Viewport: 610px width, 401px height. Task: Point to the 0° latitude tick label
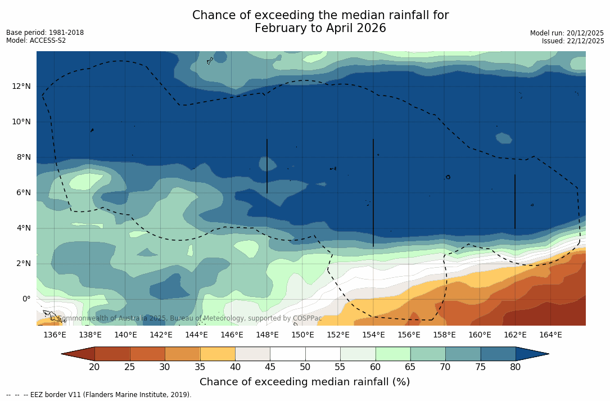(26, 299)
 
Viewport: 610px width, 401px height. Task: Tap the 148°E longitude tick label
(267, 335)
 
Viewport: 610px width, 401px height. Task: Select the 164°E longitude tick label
(550, 335)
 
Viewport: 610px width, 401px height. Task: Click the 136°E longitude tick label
(55, 335)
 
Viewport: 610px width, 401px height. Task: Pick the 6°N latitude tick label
(22, 192)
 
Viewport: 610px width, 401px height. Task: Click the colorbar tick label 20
(94, 367)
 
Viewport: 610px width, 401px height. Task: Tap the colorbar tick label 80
(516, 367)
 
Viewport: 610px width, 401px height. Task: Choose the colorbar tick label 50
(305, 367)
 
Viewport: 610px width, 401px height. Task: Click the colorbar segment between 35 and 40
(218, 354)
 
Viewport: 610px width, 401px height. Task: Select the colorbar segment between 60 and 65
(393, 354)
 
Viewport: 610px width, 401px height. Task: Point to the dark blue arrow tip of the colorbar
(534, 354)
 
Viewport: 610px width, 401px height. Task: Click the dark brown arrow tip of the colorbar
(76, 354)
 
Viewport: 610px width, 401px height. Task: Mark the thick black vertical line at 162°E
(515, 201)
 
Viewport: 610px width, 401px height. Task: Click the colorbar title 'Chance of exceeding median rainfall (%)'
(305, 382)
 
